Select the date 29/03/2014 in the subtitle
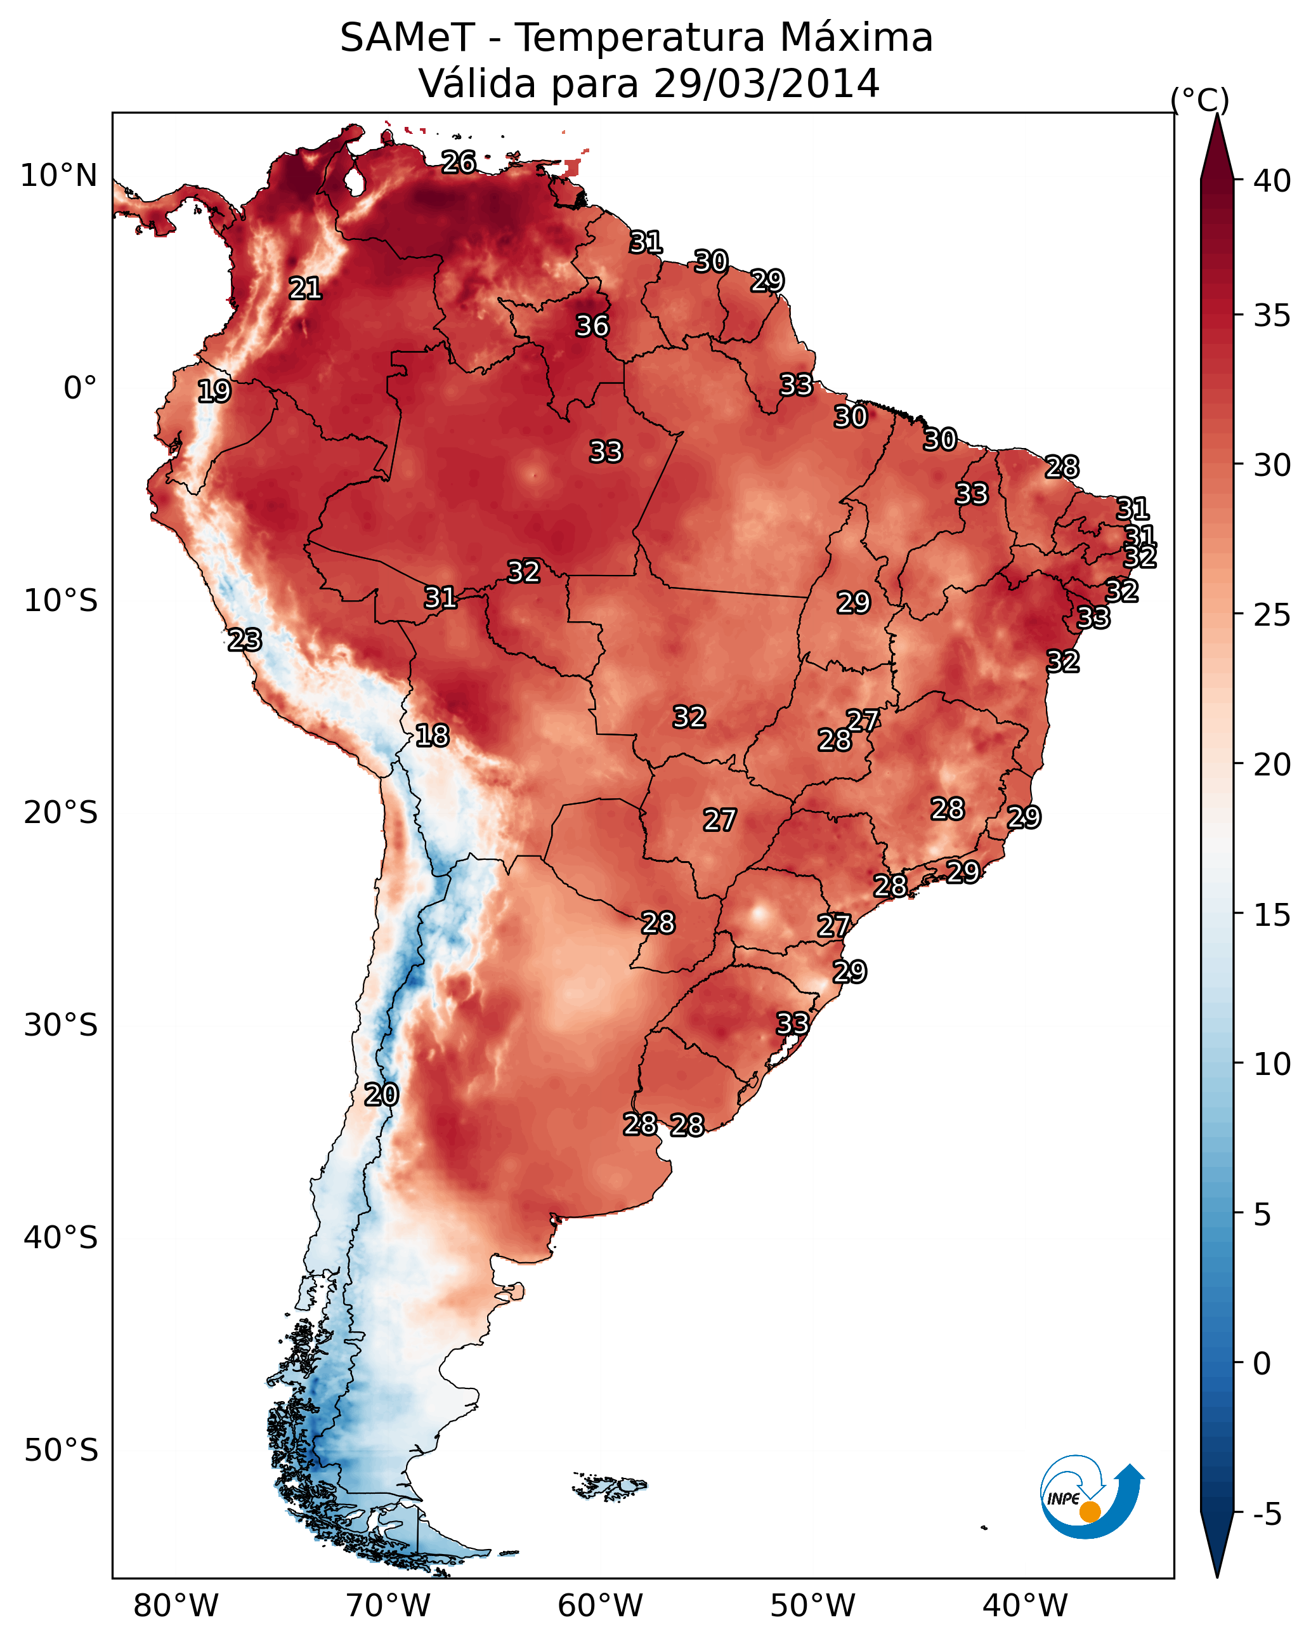pos(767,83)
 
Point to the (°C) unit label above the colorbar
pos(1200,100)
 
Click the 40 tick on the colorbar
pos(1272,181)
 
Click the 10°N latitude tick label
pos(58,176)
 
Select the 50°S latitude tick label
pos(61,1451)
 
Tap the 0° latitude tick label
pos(81,388)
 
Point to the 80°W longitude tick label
pos(176,1605)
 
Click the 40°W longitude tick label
pos(1025,1605)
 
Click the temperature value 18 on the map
pos(432,735)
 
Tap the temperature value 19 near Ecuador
pos(214,392)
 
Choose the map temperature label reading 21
pos(305,289)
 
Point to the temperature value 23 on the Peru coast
pos(245,640)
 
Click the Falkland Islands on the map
pos(609,1486)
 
